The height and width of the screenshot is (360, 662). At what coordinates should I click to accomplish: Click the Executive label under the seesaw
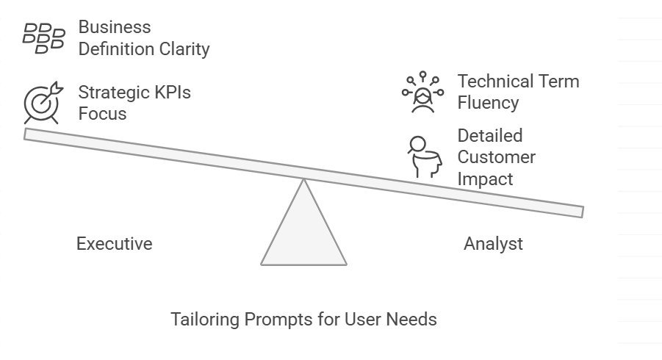[114, 244]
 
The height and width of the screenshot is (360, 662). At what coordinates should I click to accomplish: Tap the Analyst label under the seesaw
[493, 244]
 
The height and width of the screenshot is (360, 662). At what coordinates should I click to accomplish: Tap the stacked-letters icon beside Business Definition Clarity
[43, 38]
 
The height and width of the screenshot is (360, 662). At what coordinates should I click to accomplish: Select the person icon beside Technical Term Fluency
[422, 93]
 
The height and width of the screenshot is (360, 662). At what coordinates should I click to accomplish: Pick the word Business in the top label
[115, 28]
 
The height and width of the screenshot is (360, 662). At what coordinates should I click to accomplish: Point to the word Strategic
[115, 93]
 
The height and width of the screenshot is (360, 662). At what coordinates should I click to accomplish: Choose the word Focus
[102, 114]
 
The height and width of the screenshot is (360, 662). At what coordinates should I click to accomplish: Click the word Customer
[496, 157]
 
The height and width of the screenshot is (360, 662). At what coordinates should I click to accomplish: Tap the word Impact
[485, 179]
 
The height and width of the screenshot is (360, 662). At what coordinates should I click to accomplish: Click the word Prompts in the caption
[273, 320]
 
